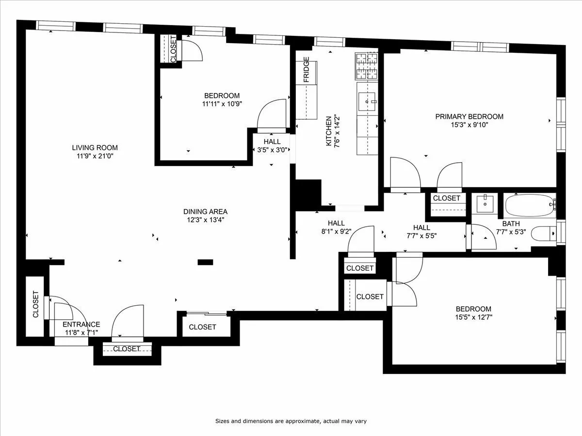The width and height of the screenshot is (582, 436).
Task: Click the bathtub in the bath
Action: [x=529, y=205]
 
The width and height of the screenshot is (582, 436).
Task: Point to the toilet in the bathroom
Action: [x=543, y=234]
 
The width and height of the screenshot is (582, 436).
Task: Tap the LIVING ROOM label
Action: [x=95, y=148]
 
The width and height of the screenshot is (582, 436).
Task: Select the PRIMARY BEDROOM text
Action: [x=469, y=116]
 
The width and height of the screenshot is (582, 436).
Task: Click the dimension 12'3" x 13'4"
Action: [x=205, y=219]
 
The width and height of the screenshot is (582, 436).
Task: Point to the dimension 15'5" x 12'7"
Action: [x=473, y=317]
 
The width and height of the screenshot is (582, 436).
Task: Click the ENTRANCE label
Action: [x=81, y=325]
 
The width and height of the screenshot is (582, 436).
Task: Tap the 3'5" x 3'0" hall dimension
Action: [x=272, y=150]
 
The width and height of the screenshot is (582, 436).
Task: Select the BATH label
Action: [x=511, y=224]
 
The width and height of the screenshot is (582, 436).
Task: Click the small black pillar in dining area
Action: [x=205, y=262]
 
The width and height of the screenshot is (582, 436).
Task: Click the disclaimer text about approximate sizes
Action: [x=294, y=421]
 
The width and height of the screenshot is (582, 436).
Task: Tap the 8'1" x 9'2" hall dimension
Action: [x=336, y=231]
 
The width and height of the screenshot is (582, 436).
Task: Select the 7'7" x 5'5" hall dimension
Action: [x=421, y=235]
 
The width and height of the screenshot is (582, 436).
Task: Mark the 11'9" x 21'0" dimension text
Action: [x=95, y=156]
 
